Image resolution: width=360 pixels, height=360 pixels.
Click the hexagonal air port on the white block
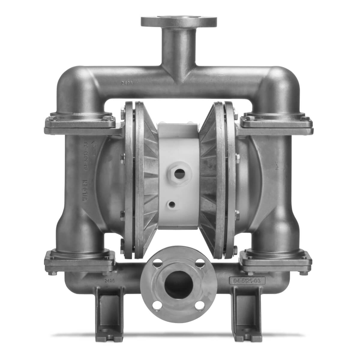179,173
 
